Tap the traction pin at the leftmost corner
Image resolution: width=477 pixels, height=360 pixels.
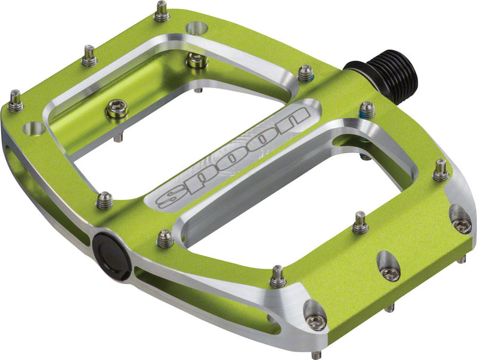point(14,101)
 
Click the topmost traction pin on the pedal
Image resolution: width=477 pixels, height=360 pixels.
point(160,11)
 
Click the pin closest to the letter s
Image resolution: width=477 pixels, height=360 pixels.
point(104,200)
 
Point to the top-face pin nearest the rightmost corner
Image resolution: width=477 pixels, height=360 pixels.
point(440,170)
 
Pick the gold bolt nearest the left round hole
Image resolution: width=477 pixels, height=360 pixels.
point(116,109)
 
